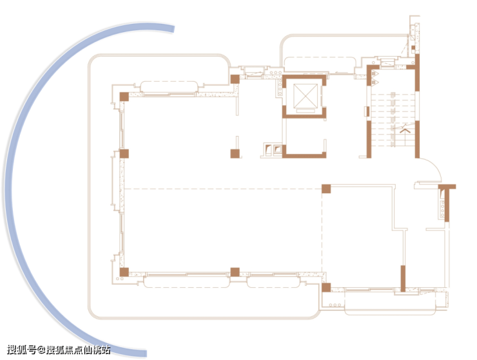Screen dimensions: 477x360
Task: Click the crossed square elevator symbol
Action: click(306, 96)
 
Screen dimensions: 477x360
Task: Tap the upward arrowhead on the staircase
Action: click(405, 131)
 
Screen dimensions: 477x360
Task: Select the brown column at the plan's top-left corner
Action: click(124, 97)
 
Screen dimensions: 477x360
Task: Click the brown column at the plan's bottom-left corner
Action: click(124, 272)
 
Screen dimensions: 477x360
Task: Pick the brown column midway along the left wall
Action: click(124, 153)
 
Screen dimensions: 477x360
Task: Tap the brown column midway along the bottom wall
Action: click(235, 272)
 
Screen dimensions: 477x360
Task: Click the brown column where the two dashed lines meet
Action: click(326, 189)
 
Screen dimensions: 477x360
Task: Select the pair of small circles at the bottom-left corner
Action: click(119, 278)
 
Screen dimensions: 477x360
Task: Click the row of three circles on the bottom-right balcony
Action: click(335, 305)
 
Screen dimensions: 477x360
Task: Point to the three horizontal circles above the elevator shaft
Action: click(276, 73)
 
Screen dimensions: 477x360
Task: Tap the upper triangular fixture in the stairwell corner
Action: click(374, 74)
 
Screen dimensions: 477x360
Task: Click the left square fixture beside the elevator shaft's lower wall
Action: click(268, 149)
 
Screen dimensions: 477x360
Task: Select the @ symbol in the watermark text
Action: click(41, 350)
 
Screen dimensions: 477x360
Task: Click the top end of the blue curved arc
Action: click(173, 29)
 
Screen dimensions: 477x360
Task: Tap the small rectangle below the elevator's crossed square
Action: click(306, 111)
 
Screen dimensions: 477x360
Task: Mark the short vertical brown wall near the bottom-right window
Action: click(403, 278)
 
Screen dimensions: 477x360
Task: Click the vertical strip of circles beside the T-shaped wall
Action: click(442, 207)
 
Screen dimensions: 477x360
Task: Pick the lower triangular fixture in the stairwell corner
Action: click(374, 82)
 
